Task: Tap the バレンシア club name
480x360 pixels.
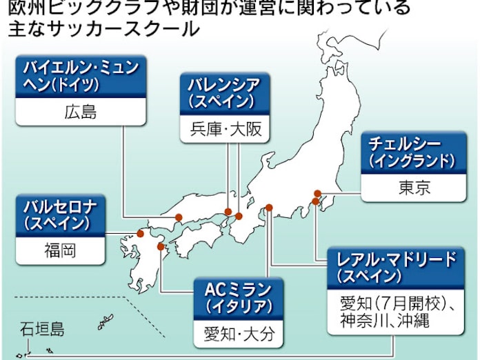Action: [223, 86]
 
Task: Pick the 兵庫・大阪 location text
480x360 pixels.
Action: [223, 128]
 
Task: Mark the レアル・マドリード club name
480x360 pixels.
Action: [397, 260]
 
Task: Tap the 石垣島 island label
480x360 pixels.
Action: [42, 330]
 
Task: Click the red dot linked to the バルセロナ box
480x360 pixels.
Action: [141, 233]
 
